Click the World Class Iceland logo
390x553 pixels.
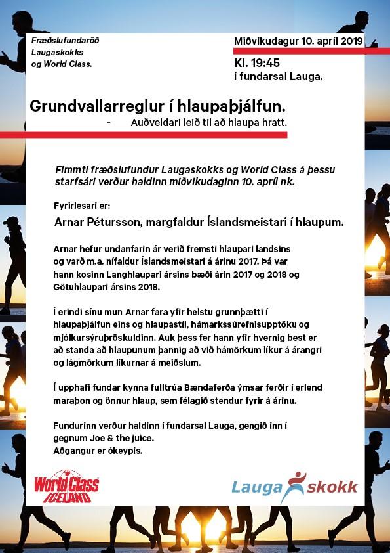(x=66, y=487)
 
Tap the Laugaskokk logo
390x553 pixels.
(x=294, y=487)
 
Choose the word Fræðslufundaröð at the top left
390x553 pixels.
(x=65, y=41)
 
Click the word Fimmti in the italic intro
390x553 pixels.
(x=71, y=169)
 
